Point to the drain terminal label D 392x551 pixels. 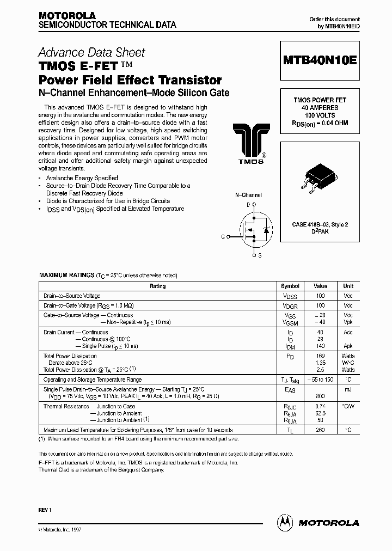(248, 205)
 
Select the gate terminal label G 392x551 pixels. (223, 236)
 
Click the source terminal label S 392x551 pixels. (260, 255)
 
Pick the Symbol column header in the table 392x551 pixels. (290, 286)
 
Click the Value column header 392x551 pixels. (320, 286)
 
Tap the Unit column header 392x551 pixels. (348, 286)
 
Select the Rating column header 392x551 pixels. (158, 286)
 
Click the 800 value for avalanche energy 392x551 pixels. (320, 396)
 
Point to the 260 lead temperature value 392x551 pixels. (320, 430)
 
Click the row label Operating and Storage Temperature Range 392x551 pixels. (93, 379)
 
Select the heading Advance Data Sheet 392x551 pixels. (91, 52)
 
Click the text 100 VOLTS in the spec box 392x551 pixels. (320, 115)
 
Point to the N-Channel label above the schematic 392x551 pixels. (248, 195)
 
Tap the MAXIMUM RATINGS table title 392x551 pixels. (66, 276)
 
